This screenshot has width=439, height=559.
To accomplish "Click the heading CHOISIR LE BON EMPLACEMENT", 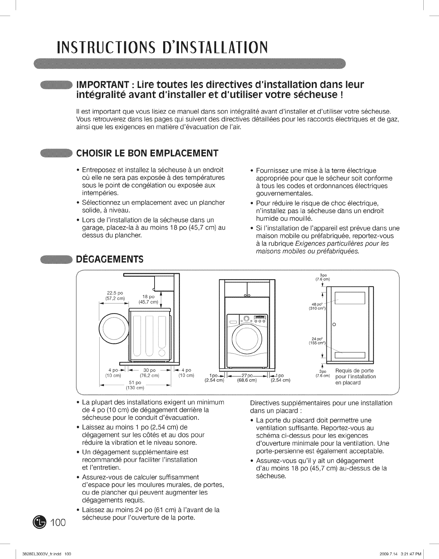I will tap(147, 153).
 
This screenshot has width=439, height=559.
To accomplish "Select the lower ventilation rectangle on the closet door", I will tap(350, 355).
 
